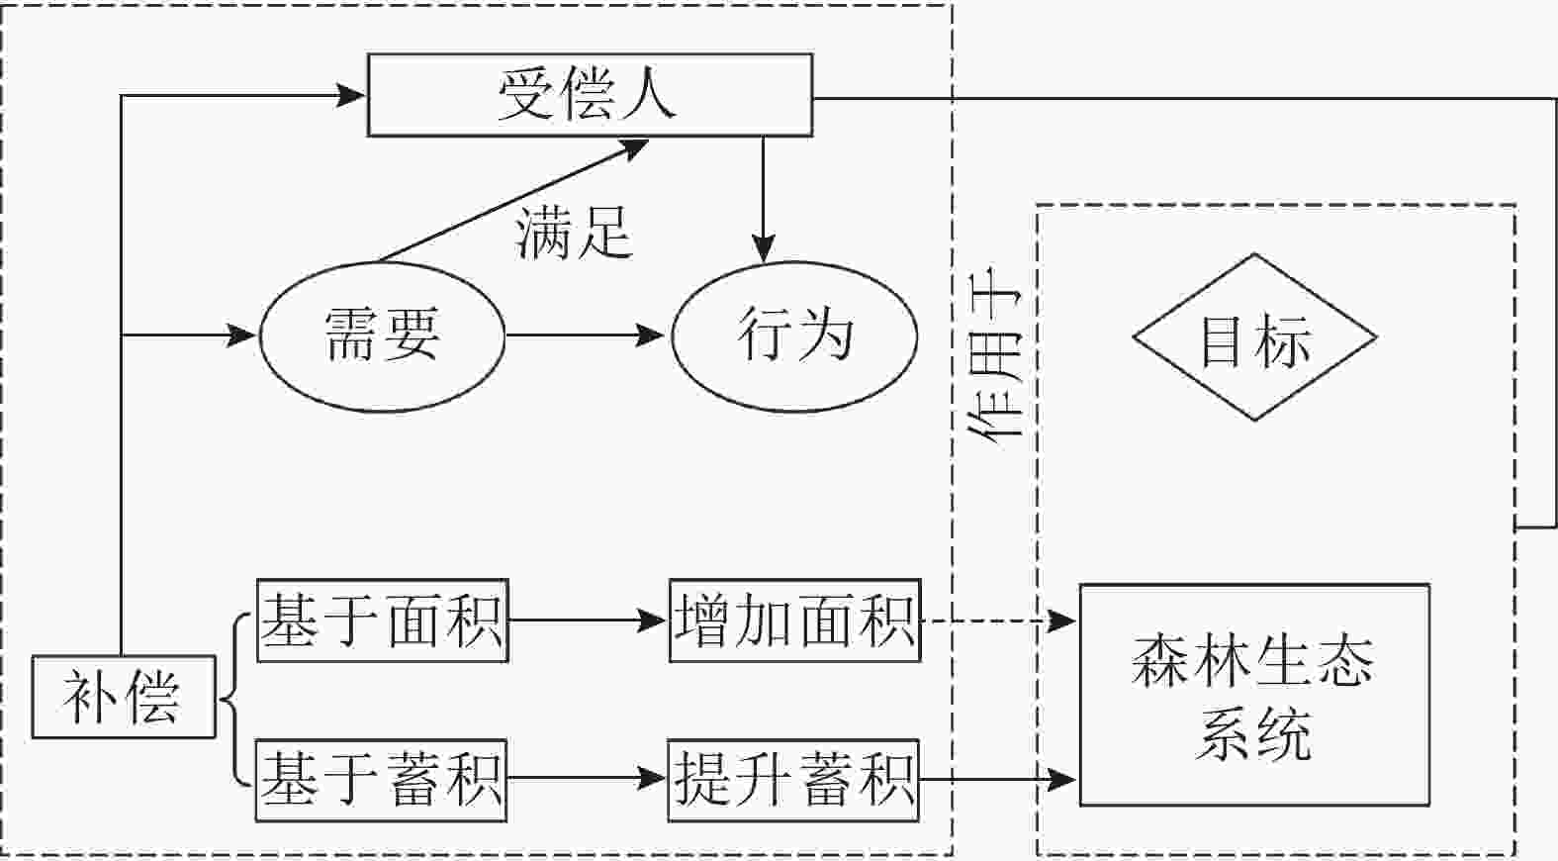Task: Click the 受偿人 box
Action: pyautogui.click(x=590, y=95)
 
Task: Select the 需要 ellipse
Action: pyautogui.click(x=382, y=335)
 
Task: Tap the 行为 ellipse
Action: pyautogui.click(x=794, y=335)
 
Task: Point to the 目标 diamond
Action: pyautogui.click(x=1254, y=337)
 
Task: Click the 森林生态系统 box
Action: pyautogui.click(x=1253, y=695)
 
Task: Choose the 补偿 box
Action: pyautogui.click(x=123, y=697)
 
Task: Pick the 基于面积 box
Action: pyautogui.click(x=382, y=621)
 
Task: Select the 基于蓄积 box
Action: pyautogui.click(x=382, y=780)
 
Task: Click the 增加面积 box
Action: pyautogui.click(x=794, y=621)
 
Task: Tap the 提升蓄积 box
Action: pyautogui.click(x=793, y=780)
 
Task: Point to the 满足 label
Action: pyautogui.click(x=573, y=234)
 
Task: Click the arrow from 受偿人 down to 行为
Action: pyautogui.click(x=763, y=198)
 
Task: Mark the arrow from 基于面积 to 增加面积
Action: pyautogui.click(x=588, y=621)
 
